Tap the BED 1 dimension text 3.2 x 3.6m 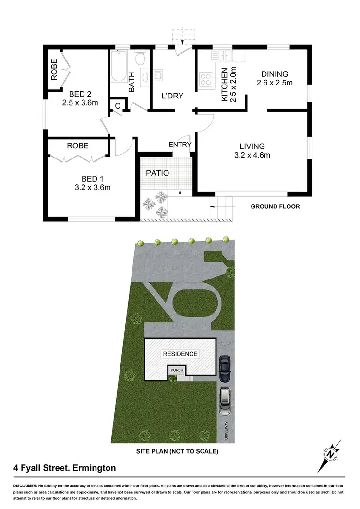point(92,187)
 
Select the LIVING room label point(252,146)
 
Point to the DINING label point(275,74)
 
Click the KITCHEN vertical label point(224,84)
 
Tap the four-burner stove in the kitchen point(206,79)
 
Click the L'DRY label point(172,96)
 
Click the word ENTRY point(180,145)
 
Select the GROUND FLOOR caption point(275,206)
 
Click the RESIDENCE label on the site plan point(180,354)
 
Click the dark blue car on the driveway point(224,368)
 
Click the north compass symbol point(330,454)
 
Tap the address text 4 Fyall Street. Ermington point(64,467)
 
